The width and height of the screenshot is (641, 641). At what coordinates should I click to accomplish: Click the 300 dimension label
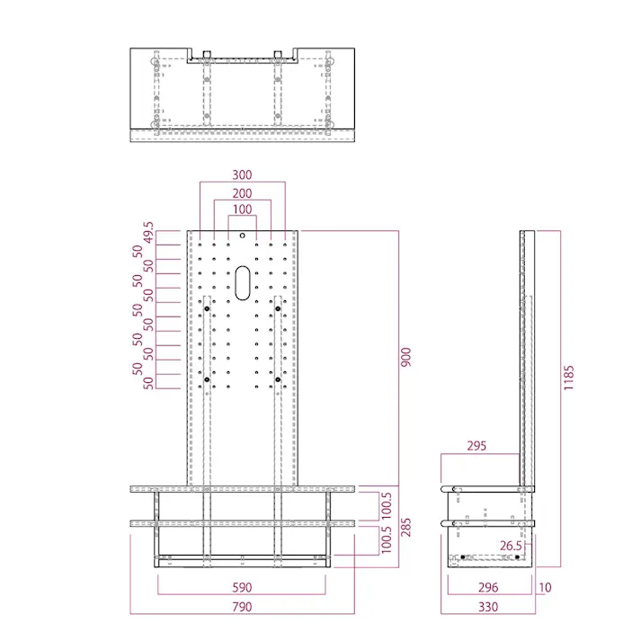(x=242, y=175)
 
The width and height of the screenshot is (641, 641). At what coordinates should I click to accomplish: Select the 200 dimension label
(x=242, y=193)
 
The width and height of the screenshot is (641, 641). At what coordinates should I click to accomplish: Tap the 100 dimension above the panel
(x=242, y=209)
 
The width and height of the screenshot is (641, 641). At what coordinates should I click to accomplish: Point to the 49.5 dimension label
(x=148, y=232)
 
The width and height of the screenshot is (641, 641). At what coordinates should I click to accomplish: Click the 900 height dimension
(x=405, y=357)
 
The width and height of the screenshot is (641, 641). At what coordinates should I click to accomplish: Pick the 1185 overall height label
(x=569, y=378)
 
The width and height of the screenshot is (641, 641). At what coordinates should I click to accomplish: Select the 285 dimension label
(x=405, y=528)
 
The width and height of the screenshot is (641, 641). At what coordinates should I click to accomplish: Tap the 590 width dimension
(x=242, y=587)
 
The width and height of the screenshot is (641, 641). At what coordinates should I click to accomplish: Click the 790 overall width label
(x=242, y=607)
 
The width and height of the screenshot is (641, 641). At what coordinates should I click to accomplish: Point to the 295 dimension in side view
(x=476, y=446)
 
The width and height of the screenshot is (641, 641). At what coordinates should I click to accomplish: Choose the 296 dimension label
(x=488, y=587)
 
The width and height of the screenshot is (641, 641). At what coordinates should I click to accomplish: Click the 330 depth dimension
(x=488, y=607)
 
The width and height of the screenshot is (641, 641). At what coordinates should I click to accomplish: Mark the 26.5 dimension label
(x=511, y=546)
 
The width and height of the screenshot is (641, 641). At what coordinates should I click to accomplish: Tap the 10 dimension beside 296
(x=546, y=587)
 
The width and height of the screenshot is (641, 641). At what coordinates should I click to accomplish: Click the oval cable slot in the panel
(x=243, y=283)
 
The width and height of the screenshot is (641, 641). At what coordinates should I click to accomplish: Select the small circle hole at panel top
(x=243, y=236)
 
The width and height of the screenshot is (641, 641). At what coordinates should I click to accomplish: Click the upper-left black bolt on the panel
(x=207, y=308)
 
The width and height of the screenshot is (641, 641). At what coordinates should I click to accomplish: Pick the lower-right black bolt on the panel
(x=278, y=379)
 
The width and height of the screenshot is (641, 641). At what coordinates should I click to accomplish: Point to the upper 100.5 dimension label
(x=387, y=506)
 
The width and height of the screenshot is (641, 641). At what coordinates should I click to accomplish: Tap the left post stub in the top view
(x=207, y=55)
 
